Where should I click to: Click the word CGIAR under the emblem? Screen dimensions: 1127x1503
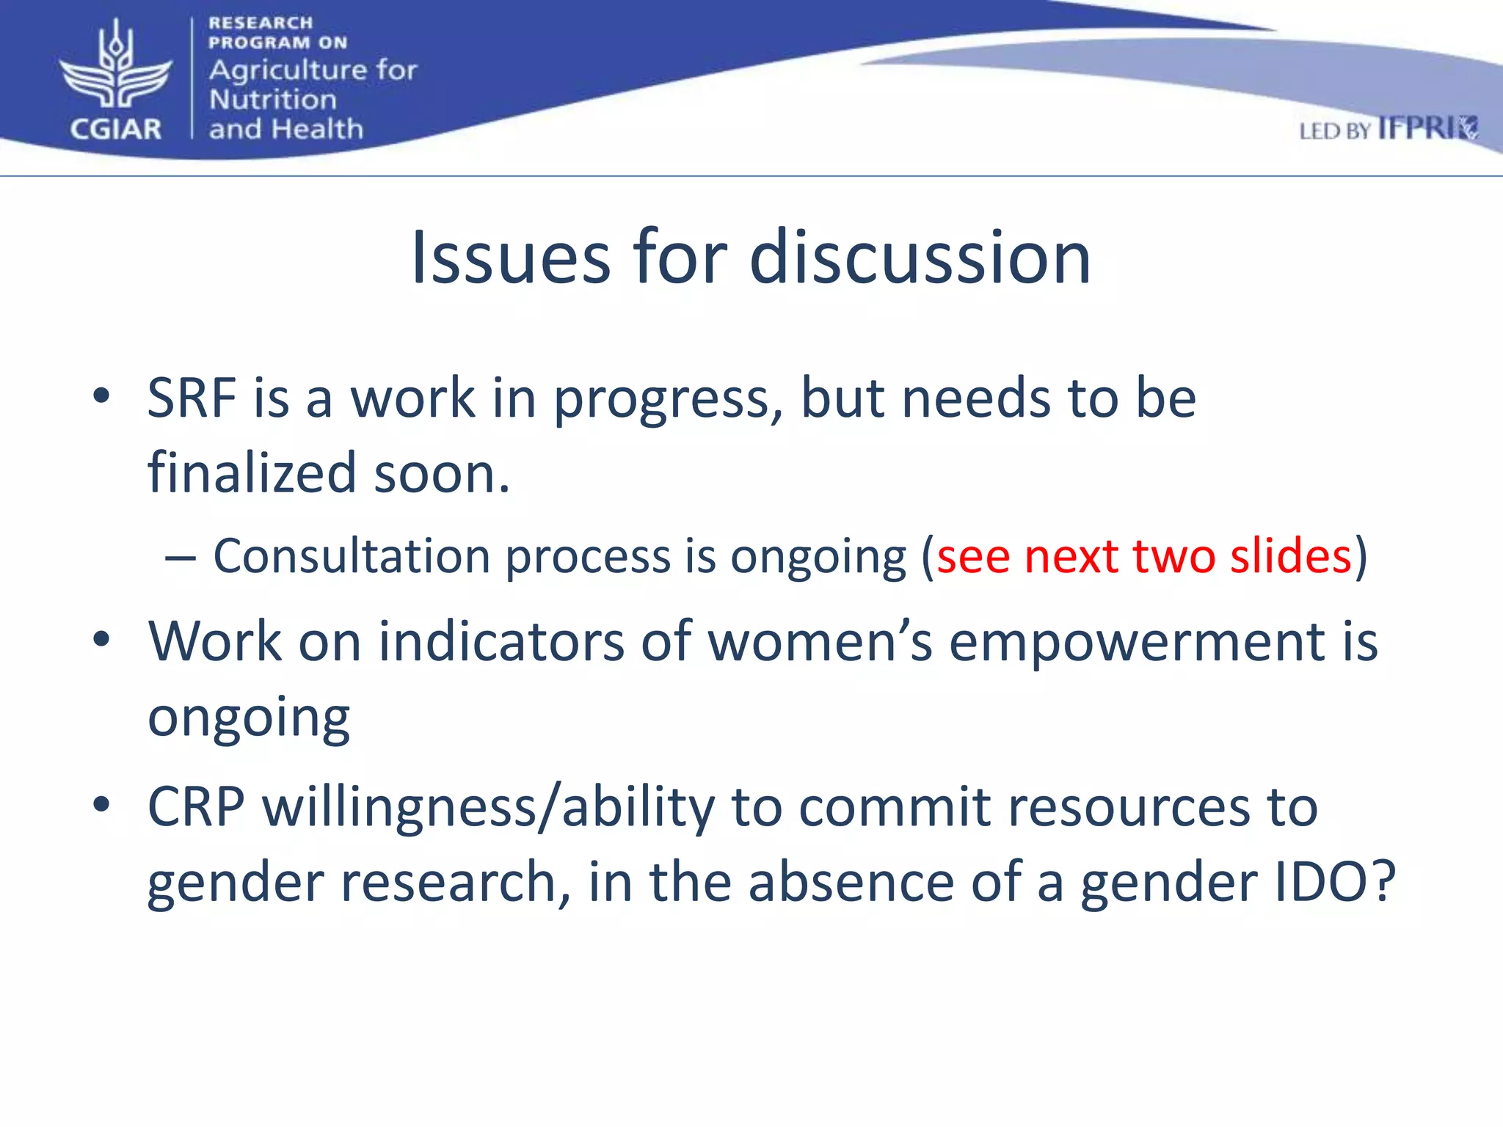tap(115, 130)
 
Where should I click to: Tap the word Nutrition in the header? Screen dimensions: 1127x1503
tap(272, 99)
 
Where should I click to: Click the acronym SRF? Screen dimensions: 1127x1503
tap(192, 398)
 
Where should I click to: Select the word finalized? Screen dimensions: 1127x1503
tap(252, 473)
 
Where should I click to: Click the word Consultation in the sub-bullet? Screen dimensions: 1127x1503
tap(351, 555)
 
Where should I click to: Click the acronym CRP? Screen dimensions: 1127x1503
tap(196, 807)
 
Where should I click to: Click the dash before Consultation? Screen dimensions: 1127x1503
tap(181, 558)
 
